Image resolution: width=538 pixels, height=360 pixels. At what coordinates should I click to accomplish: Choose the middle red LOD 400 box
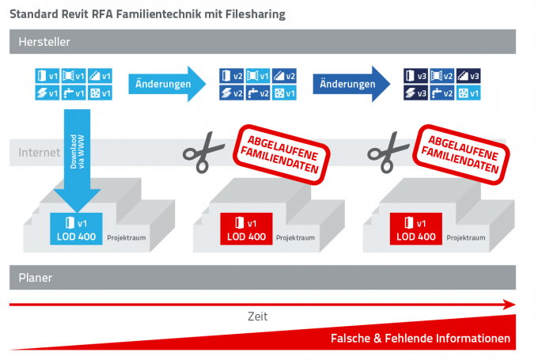(244, 229)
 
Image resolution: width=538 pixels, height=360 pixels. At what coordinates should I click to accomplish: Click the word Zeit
(258, 316)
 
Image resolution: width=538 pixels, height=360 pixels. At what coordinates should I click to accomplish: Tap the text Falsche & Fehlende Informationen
(419, 339)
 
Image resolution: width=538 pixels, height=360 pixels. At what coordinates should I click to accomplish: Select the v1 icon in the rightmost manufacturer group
(469, 93)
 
